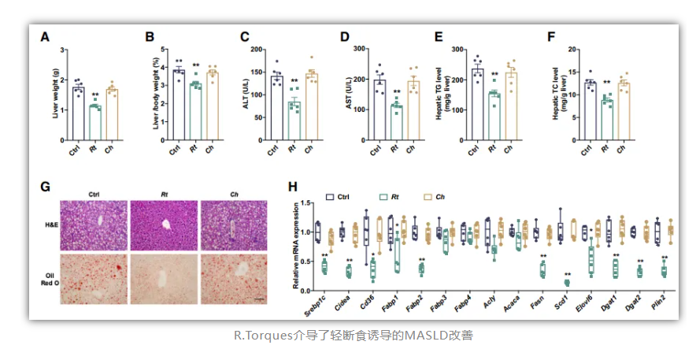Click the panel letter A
[x=46, y=37]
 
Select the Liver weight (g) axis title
[x=57, y=95]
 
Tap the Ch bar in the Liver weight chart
[x=112, y=114]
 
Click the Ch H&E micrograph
[x=234, y=225]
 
